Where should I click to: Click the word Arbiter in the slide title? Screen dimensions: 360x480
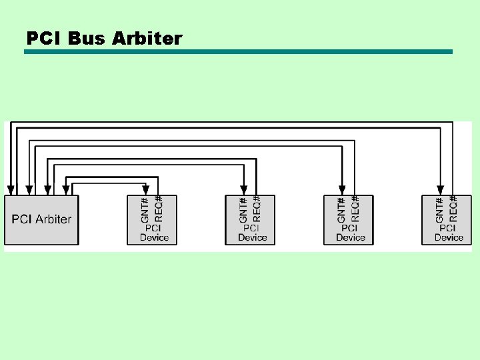(147, 39)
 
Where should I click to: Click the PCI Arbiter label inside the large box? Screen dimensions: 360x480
(41, 219)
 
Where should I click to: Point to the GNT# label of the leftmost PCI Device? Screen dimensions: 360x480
(145, 209)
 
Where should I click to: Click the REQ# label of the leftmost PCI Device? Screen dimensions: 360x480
(159, 209)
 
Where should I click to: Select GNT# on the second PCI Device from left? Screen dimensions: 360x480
(243, 209)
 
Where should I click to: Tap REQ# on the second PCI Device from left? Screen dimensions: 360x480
(257, 209)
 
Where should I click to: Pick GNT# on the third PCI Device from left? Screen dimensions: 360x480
(342, 209)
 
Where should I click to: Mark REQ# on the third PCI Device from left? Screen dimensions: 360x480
(355, 209)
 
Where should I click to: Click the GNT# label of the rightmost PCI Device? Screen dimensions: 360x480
(440, 209)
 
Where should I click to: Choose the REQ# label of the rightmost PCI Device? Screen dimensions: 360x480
(453, 209)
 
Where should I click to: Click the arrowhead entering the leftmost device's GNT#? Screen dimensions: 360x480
(145, 189)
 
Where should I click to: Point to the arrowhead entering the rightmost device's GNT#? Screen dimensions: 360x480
(440, 189)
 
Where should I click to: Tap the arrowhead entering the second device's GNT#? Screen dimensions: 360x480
(243, 189)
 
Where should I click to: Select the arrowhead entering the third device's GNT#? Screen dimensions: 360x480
(342, 189)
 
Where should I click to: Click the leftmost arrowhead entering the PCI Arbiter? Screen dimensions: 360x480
(11, 189)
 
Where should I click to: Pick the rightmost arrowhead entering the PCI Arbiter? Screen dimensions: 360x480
(66, 189)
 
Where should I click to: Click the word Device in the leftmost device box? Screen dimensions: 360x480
(154, 237)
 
